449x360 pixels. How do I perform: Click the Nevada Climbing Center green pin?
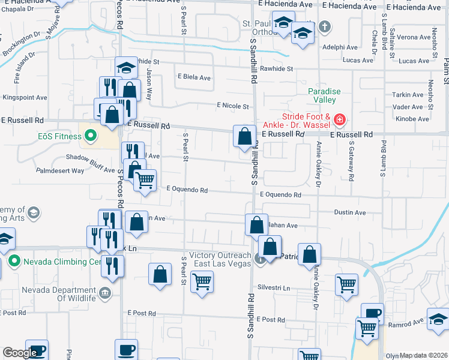point(15,262)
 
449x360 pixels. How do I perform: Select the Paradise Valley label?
point(324,95)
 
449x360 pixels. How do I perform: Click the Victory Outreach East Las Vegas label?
point(220,259)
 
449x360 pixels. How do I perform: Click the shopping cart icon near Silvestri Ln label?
point(202,281)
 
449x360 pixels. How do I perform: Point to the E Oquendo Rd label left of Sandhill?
point(187,190)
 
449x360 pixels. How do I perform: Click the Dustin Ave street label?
point(350,212)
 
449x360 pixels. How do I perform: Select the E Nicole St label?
point(233,106)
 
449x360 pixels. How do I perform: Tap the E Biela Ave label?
point(194,77)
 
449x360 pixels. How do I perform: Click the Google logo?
point(19,353)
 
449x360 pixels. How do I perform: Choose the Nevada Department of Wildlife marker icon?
point(105,293)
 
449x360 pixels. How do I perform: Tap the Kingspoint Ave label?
point(25,97)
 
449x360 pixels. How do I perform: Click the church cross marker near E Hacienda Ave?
point(324,26)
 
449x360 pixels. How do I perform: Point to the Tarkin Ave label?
point(409,95)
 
